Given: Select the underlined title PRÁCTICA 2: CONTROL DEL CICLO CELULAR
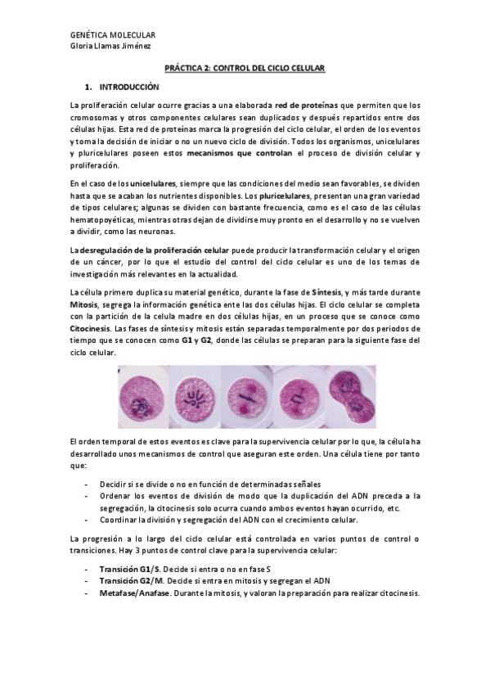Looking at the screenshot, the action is point(245,70).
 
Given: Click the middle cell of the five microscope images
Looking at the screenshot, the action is point(245,396).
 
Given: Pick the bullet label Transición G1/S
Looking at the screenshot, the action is point(129,568).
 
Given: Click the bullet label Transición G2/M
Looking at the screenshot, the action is point(130,580).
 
